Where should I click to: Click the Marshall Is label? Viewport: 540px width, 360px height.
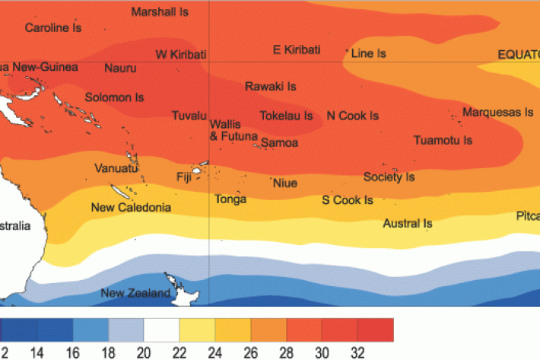[x=160, y=12]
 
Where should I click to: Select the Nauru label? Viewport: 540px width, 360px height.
[x=120, y=68]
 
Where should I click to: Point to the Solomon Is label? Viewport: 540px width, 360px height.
[x=114, y=98]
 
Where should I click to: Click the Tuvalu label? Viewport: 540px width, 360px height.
[x=189, y=116]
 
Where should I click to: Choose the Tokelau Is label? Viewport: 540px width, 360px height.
[x=286, y=116]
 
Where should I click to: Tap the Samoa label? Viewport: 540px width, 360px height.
[x=279, y=143]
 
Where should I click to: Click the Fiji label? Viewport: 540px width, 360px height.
[x=183, y=177]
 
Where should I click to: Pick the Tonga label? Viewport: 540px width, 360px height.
[x=230, y=199]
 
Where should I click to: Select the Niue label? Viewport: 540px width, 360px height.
[x=284, y=183]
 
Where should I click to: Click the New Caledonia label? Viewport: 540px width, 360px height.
[x=131, y=207]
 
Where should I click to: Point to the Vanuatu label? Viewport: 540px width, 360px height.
[x=115, y=168]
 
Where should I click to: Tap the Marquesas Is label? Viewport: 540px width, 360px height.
[x=497, y=113]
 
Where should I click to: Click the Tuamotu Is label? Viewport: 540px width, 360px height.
[x=443, y=141]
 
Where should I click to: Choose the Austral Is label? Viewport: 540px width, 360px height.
[x=407, y=224]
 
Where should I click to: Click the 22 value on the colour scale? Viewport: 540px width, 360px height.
[x=179, y=352]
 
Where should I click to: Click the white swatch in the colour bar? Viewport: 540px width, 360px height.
[x=161, y=330]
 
